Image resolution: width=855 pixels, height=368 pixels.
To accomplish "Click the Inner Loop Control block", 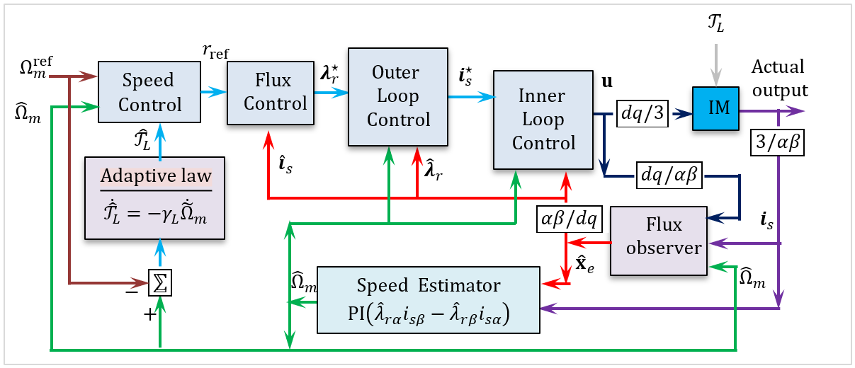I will point(543,120).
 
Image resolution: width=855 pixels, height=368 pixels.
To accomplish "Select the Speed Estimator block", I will point(428,299).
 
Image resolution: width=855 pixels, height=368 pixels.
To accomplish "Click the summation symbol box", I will point(160,283).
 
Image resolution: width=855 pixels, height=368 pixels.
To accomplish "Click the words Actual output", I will point(779,79).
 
